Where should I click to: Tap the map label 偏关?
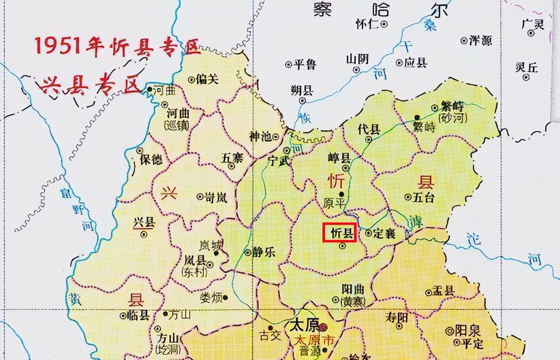[x=208, y=79]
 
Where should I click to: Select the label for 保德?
[x=151, y=159]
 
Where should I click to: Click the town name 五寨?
[x=232, y=158]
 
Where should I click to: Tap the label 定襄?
[x=385, y=233]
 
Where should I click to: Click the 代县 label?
[x=369, y=130]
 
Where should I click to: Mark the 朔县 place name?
[x=302, y=91]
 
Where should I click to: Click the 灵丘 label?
[x=526, y=68]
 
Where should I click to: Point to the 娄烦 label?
[x=211, y=298]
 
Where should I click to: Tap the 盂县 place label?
[x=443, y=291]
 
